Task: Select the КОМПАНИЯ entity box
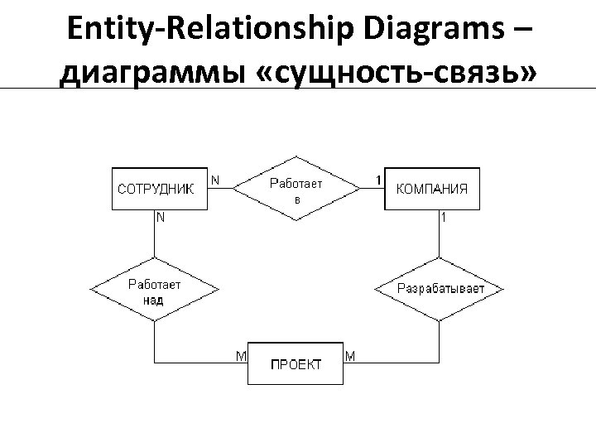click(x=433, y=189)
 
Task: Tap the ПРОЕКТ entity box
click(x=296, y=364)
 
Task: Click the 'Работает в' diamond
click(x=296, y=188)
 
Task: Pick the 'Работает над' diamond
click(x=154, y=288)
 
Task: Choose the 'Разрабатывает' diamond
click(x=440, y=289)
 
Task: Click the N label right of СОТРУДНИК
click(x=215, y=179)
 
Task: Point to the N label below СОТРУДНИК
click(x=160, y=219)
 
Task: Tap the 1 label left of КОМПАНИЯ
click(x=377, y=179)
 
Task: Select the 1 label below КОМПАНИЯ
click(x=445, y=219)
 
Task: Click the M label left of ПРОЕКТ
click(x=240, y=356)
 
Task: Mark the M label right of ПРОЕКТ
click(x=350, y=356)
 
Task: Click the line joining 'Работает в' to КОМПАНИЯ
click(x=372, y=189)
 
